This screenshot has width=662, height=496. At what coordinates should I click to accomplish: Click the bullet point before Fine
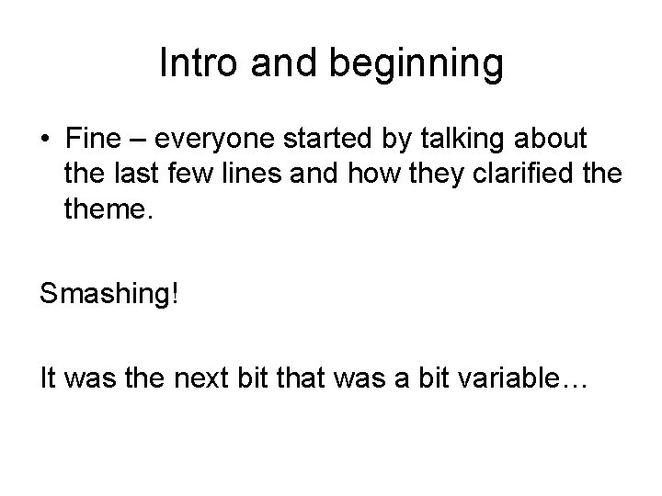coord(44,141)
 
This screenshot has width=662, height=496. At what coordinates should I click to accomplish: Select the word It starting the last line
coord(49,377)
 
